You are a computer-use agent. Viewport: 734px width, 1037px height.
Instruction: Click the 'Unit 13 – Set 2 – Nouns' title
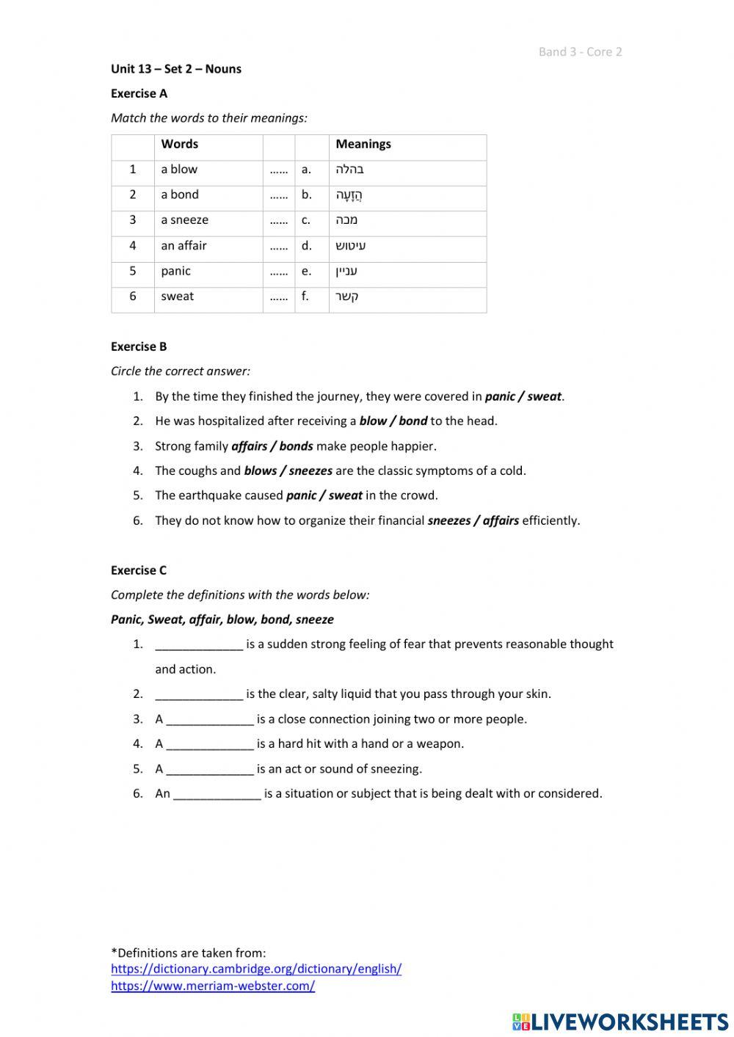click(175, 69)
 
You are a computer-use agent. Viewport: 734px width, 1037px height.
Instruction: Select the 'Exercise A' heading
click(139, 93)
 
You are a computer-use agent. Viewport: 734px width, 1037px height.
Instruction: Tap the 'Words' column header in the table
click(180, 144)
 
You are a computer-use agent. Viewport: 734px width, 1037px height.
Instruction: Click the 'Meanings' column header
click(363, 144)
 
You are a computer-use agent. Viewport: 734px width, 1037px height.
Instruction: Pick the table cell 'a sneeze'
click(184, 220)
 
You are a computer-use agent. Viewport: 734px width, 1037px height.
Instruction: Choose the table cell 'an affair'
click(183, 246)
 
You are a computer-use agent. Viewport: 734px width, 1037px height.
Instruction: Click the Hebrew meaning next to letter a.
click(349, 170)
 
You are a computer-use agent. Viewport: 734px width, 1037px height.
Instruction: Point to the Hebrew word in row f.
click(347, 296)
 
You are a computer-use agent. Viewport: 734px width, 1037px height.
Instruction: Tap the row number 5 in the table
click(133, 271)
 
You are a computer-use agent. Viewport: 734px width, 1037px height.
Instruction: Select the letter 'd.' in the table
click(306, 246)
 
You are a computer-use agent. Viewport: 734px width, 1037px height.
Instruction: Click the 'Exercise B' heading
click(139, 346)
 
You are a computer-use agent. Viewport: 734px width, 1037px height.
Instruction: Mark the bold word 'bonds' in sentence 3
click(296, 446)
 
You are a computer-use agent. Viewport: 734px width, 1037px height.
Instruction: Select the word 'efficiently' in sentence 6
click(550, 521)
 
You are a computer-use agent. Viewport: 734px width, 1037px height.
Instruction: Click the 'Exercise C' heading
click(139, 570)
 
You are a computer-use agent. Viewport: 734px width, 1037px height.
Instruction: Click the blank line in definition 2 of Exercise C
click(199, 694)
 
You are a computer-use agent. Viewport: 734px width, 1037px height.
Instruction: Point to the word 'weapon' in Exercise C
click(440, 744)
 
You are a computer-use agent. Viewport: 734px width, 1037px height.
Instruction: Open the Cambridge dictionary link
click(256, 969)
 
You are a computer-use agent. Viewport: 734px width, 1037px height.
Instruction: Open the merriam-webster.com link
click(213, 986)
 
